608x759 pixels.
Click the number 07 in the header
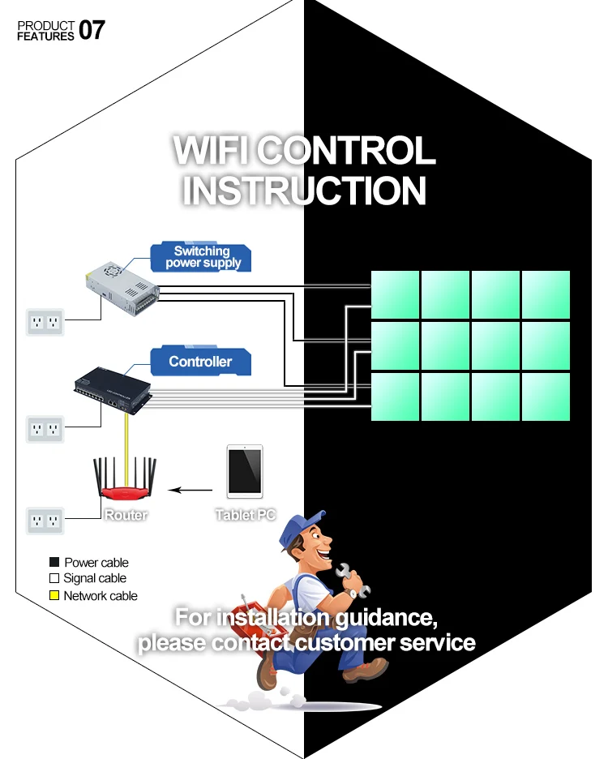(92, 31)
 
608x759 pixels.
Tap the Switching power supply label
(202, 257)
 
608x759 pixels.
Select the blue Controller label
(200, 362)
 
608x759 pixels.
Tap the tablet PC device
(245, 471)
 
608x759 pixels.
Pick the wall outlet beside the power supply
(45, 322)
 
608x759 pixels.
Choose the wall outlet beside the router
(45, 520)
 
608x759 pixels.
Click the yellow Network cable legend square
(54, 596)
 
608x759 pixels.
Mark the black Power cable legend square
(54, 563)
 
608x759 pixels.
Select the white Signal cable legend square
(54, 579)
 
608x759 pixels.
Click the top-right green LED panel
(546, 294)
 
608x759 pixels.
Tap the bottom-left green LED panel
(395, 396)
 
